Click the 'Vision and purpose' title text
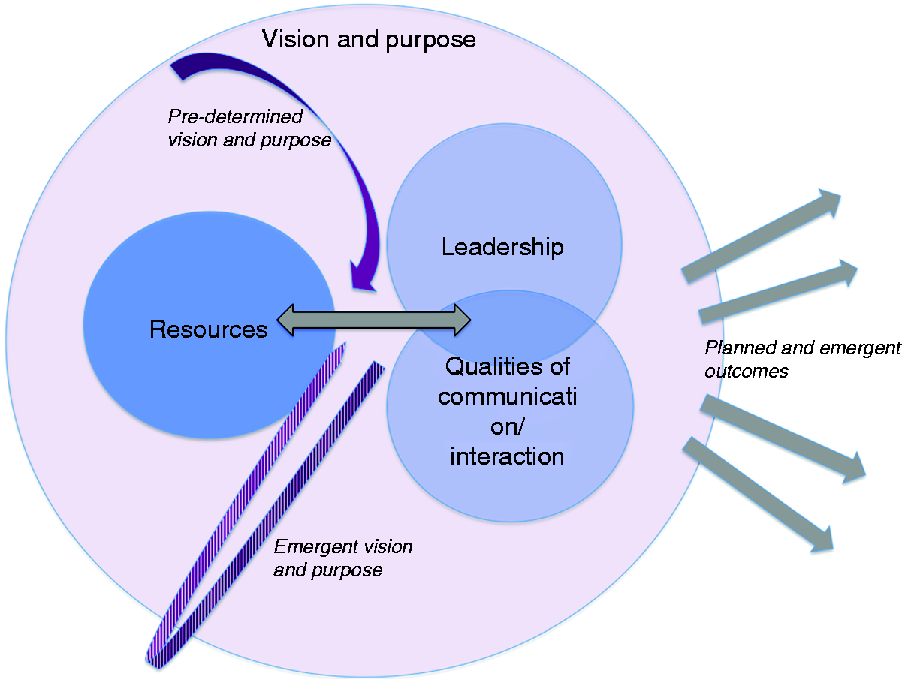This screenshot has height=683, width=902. [369, 40]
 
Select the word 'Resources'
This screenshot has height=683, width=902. [208, 329]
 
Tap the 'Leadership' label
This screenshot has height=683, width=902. [502, 247]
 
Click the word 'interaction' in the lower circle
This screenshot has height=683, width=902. [507, 456]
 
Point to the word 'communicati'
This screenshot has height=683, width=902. [508, 396]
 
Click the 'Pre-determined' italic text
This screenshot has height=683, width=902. [236, 116]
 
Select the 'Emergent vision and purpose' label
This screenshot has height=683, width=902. [343, 558]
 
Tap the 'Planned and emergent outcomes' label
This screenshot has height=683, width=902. [803, 359]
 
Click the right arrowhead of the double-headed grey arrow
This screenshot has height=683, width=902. [469, 320]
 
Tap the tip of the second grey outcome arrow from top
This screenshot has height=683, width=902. [857, 269]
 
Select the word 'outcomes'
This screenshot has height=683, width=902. [747, 372]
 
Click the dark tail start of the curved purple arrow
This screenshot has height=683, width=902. [176, 68]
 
